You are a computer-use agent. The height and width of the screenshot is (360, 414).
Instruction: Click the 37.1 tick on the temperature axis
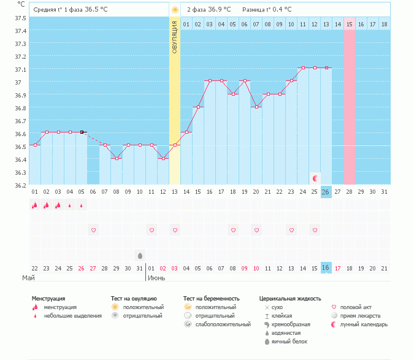click(21, 70)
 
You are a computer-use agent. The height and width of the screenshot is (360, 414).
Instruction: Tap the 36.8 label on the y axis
click(21, 108)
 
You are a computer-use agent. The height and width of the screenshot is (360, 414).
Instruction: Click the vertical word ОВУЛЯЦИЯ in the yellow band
click(175, 37)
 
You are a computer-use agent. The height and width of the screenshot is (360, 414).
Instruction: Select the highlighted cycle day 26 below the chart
click(326, 192)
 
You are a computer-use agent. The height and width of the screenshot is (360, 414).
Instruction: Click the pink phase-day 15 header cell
click(350, 25)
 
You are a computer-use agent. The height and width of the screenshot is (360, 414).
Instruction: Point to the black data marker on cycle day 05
click(82, 132)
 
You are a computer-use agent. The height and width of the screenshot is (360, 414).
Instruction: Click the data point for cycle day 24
click(303, 68)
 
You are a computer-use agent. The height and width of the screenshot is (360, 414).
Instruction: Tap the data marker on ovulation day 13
click(175, 145)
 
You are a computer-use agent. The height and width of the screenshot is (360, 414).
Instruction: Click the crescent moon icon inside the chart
click(315, 178)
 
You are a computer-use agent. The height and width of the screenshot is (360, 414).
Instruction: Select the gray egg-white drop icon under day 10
click(140, 256)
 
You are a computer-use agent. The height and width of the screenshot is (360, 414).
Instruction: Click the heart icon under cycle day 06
click(93, 230)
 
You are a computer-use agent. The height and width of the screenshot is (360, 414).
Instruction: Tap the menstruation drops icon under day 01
click(34, 205)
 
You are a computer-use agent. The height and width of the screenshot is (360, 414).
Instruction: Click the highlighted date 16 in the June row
click(326, 267)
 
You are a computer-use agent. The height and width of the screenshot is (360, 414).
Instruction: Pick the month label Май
click(28, 278)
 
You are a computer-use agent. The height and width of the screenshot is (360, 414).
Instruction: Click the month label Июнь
click(156, 278)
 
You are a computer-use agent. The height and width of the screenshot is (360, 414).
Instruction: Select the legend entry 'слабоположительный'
click(223, 324)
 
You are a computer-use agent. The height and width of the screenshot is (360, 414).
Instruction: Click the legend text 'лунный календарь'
click(364, 324)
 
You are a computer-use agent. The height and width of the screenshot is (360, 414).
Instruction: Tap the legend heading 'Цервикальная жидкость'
click(290, 299)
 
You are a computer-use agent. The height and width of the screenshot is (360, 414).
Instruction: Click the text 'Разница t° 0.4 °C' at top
click(267, 9)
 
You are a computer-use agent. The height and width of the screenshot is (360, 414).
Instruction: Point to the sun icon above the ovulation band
click(175, 10)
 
